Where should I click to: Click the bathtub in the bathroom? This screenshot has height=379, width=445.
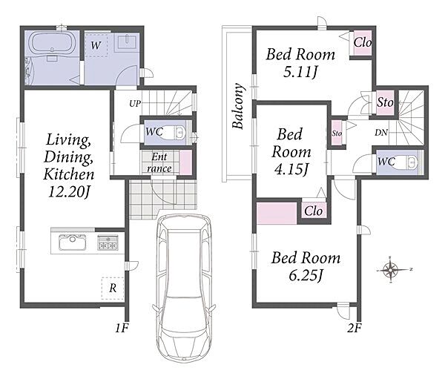pyautogui.click(x=52, y=42)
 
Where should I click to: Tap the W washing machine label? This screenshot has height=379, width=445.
pyautogui.click(x=96, y=45)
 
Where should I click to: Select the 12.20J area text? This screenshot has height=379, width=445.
pyautogui.click(x=69, y=192)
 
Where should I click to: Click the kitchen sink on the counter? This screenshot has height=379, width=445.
pyautogui.click(x=73, y=243)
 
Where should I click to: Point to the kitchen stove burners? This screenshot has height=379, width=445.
pyautogui.click(x=108, y=243)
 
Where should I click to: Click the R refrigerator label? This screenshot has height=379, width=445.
pyautogui.click(x=113, y=289)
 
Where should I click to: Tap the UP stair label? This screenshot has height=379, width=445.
pyautogui.click(x=135, y=104)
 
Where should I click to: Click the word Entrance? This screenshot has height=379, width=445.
pyautogui.click(x=159, y=162)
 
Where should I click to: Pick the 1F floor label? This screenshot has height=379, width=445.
pyautogui.click(x=122, y=328)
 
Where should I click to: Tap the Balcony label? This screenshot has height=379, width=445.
pyautogui.click(x=238, y=106)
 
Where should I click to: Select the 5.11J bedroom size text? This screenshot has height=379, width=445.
pyautogui.click(x=300, y=73)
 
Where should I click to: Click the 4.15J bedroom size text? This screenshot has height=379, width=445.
pyautogui.click(x=291, y=170)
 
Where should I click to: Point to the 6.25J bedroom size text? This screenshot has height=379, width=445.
pyautogui.click(x=306, y=275)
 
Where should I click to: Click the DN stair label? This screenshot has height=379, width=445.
pyautogui.click(x=381, y=132)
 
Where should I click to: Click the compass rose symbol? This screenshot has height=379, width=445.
pyautogui.click(x=391, y=269)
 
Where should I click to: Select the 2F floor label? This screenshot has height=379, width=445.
pyautogui.click(x=355, y=328)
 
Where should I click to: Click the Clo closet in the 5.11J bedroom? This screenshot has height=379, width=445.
pyautogui.click(x=362, y=43)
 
